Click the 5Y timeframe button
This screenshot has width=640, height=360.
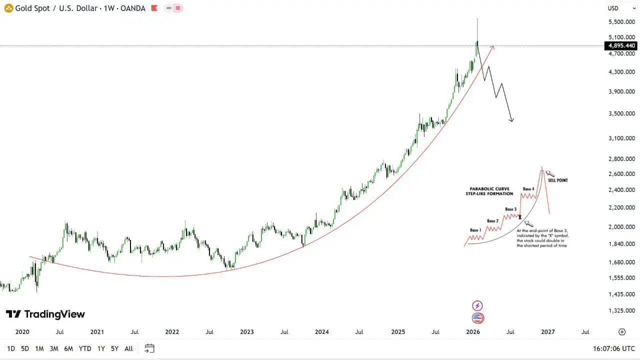tap(114, 348)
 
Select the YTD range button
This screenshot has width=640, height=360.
tap(85, 348)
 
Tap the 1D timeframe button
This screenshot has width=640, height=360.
tap(11, 348)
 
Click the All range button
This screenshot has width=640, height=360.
tap(128, 348)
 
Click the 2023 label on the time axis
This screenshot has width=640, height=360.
tap(247, 331)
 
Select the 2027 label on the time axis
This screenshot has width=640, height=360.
tap(548, 331)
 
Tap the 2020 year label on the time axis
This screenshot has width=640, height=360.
tap(22, 331)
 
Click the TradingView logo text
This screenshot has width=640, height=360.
tap(45, 314)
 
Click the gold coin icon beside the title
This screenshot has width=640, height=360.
tap(8, 8)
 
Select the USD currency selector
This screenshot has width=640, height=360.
tap(613, 8)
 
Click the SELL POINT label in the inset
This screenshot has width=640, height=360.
tap(557, 180)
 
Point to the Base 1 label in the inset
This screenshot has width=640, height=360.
tap(475, 230)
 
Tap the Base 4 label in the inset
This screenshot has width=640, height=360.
tap(528, 189)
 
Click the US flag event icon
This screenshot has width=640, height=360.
tap(477, 318)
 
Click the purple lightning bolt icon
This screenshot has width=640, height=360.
tap(477, 305)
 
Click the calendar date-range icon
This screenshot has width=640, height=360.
tap(149, 348)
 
